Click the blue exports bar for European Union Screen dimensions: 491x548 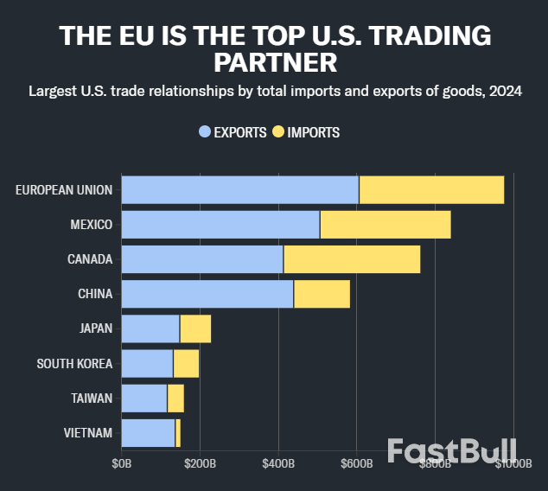[x=239, y=190]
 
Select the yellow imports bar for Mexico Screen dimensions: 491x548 [x=386, y=225]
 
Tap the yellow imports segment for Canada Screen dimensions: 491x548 [x=352, y=259]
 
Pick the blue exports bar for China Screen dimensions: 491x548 [x=207, y=294]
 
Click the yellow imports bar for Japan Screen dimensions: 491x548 [x=195, y=328]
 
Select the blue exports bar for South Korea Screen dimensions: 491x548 [x=147, y=363]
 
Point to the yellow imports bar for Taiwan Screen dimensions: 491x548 [x=175, y=398]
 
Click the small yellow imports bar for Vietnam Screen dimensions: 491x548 [x=178, y=432]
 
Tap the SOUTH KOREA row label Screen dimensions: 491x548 [x=74, y=363]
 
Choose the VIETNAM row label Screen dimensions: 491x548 [x=88, y=432]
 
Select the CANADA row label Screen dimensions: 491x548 [x=90, y=259]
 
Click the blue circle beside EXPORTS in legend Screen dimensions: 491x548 [x=205, y=132]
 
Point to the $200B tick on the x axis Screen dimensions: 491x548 [x=200, y=464]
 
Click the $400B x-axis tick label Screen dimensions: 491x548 [x=278, y=464]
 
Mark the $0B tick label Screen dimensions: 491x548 [x=122, y=464]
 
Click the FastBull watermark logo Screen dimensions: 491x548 [x=451, y=450]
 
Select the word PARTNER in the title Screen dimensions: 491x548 [x=274, y=63]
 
